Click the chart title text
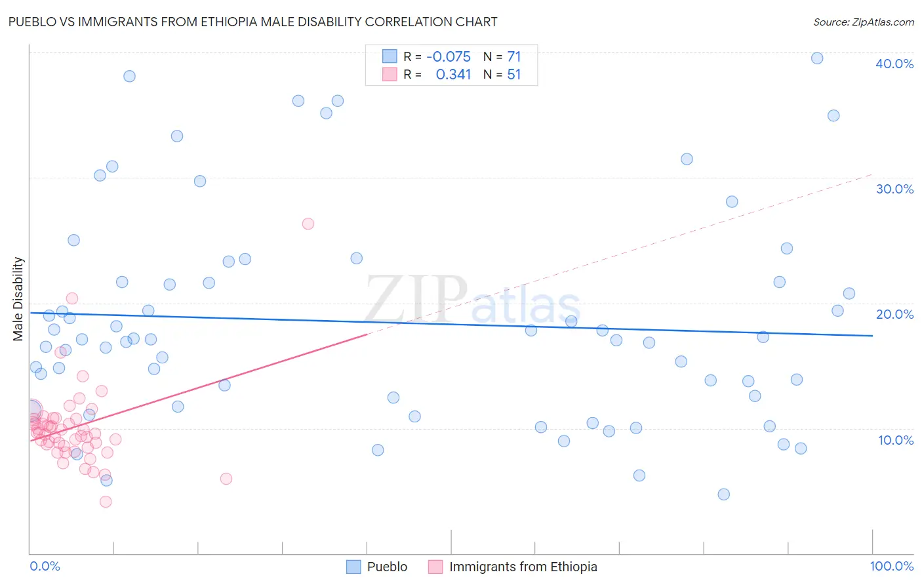click(252, 22)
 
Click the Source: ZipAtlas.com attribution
click(863, 22)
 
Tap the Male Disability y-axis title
click(18, 298)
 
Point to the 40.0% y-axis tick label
click(894, 64)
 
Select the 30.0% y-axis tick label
click(894, 189)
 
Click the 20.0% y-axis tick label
click(894, 314)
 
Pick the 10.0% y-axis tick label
click(896, 440)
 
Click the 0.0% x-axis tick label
click(45, 566)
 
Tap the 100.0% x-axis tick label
click(891, 566)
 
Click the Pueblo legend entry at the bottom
click(387, 567)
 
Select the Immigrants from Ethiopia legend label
click(523, 567)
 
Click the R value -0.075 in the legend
click(449, 57)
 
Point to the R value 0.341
click(453, 75)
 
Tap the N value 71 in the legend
click(513, 57)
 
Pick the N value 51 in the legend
click(513, 75)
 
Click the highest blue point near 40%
click(817, 58)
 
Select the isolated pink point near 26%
click(308, 224)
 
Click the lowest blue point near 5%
click(723, 494)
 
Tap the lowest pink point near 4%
click(106, 502)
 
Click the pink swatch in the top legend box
click(390, 74)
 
